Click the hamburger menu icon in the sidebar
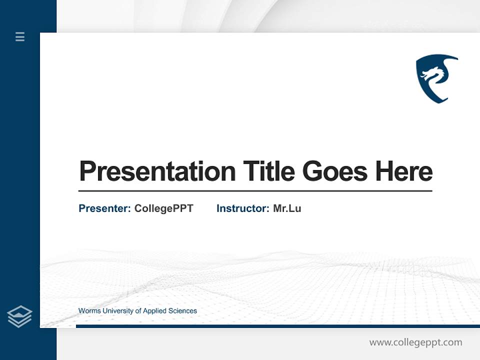tap(20, 36)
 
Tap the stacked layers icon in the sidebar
tap(19, 316)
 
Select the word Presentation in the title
tap(157, 171)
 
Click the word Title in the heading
tap(268, 171)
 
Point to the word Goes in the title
tap(335, 171)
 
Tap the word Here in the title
tap(403, 171)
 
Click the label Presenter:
tap(104, 208)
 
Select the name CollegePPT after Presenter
tap(163, 208)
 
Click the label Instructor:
tap(242, 208)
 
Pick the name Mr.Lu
tap(287, 208)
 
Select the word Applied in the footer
tap(155, 311)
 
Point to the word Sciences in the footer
tap(183, 311)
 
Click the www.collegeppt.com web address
tap(415, 342)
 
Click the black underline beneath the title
tap(255, 191)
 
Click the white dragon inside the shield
tap(433, 75)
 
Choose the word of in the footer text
tap(138, 311)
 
